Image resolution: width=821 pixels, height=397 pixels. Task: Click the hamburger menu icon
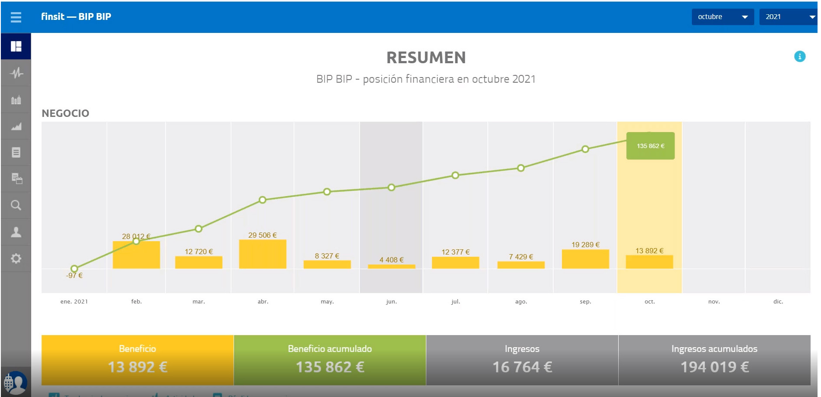point(16,17)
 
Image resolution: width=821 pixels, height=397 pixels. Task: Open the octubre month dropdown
point(722,17)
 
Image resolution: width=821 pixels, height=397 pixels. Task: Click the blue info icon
point(799,56)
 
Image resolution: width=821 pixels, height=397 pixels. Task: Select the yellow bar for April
point(263,254)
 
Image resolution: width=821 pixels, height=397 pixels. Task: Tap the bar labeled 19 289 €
point(585,259)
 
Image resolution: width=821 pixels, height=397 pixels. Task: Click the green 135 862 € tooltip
point(650,146)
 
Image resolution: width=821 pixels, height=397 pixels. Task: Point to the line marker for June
point(391,187)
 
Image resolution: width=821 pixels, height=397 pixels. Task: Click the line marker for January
point(75,268)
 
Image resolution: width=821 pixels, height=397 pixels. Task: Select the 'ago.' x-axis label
point(521,302)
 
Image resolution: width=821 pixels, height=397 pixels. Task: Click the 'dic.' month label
point(778,302)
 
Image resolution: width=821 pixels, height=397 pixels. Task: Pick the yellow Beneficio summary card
point(137,360)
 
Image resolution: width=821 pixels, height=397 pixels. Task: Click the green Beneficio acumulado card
point(330,360)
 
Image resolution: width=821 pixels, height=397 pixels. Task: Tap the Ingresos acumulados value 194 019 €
point(714,367)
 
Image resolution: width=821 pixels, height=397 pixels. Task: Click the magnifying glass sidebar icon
point(16,205)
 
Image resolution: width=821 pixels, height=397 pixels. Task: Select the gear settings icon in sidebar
point(16,258)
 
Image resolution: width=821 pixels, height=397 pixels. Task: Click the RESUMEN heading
point(426,58)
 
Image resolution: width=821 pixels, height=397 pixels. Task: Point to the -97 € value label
point(75,275)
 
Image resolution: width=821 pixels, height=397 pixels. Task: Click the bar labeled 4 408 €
point(391,266)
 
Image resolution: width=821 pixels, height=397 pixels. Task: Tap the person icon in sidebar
point(16,232)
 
